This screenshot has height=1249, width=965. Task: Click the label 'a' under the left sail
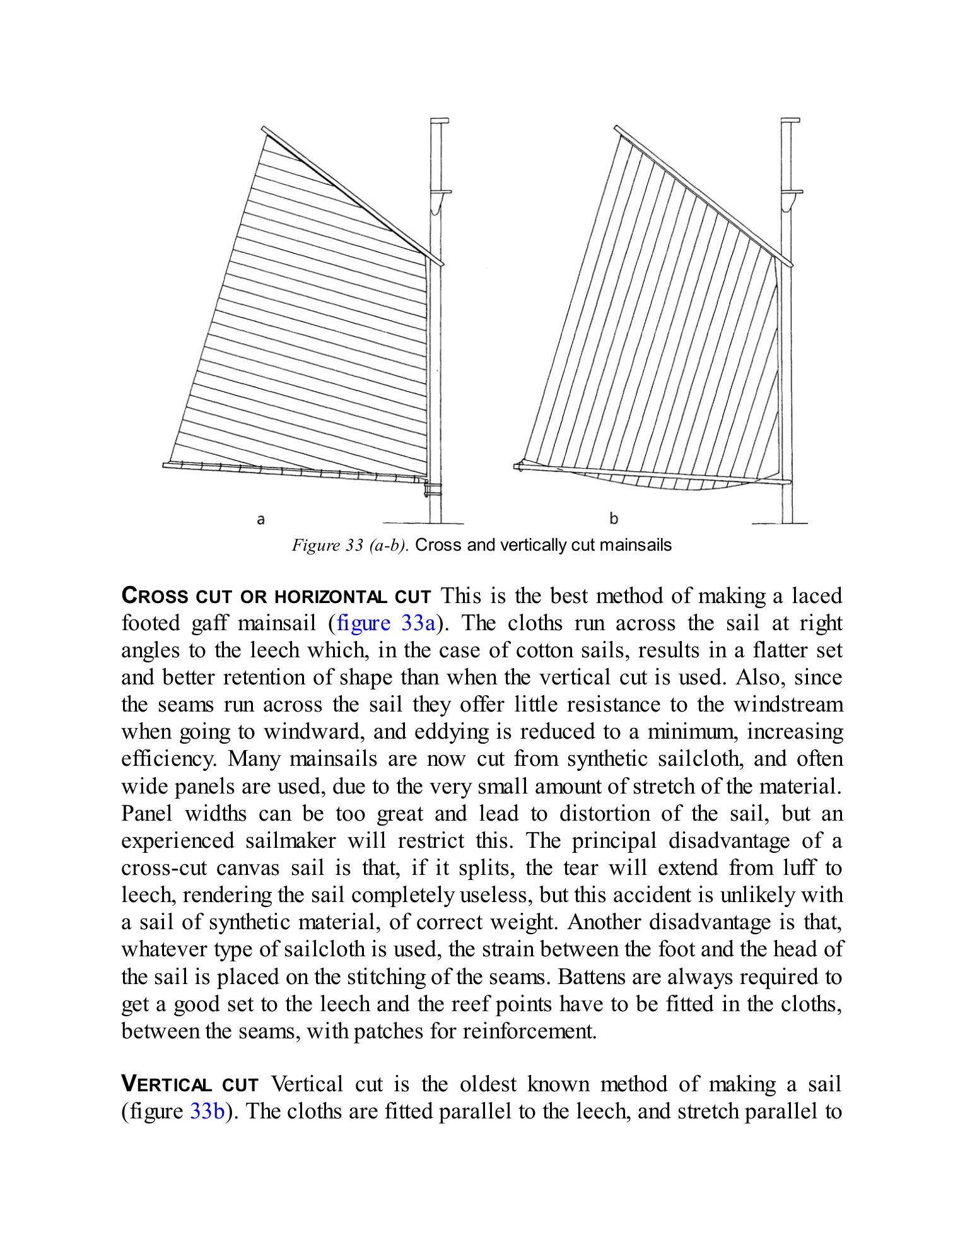click(x=260, y=520)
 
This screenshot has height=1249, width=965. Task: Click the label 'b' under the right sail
click(x=614, y=519)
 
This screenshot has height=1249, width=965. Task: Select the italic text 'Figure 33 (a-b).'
click(x=351, y=545)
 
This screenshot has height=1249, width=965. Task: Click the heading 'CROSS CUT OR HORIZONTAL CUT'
click(x=276, y=596)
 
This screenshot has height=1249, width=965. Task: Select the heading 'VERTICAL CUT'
click(x=190, y=1084)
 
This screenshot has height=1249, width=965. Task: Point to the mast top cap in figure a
click(x=439, y=120)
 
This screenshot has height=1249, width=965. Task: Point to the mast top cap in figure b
click(x=790, y=120)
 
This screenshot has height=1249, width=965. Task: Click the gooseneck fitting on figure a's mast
click(x=432, y=488)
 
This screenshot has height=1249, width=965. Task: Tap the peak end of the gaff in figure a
click(x=266, y=129)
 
